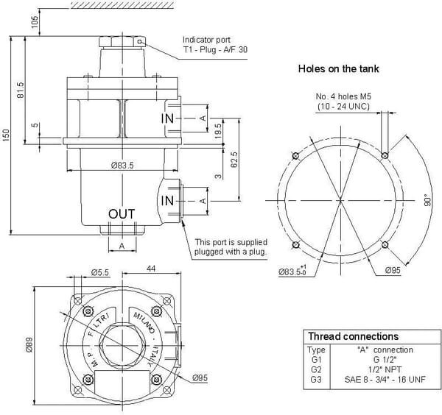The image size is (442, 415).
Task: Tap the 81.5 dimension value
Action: point(21,91)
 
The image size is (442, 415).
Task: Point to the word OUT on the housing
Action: point(122,213)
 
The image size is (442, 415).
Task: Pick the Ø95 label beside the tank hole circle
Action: point(392,271)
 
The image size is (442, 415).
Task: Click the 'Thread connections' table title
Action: point(353,336)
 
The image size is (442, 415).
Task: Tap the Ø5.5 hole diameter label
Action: point(100,273)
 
